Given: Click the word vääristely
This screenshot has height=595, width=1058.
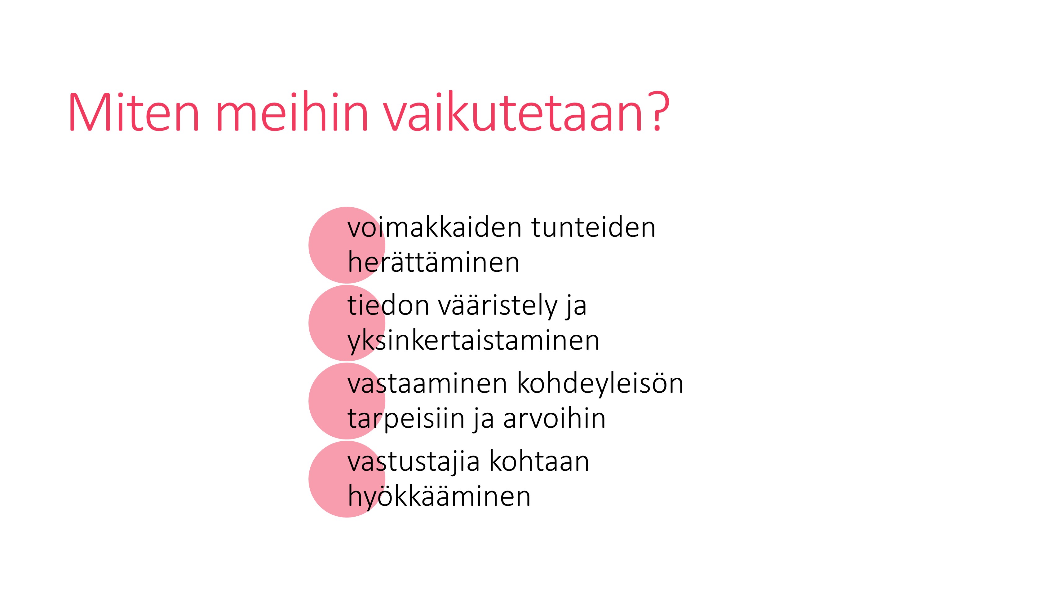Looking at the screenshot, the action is pyautogui.click(x=498, y=306).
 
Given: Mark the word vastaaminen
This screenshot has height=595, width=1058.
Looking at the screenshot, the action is pyautogui.click(x=427, y=384).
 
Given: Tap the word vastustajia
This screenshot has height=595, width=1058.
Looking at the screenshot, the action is pyautogui.click(x=414, y=462).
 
